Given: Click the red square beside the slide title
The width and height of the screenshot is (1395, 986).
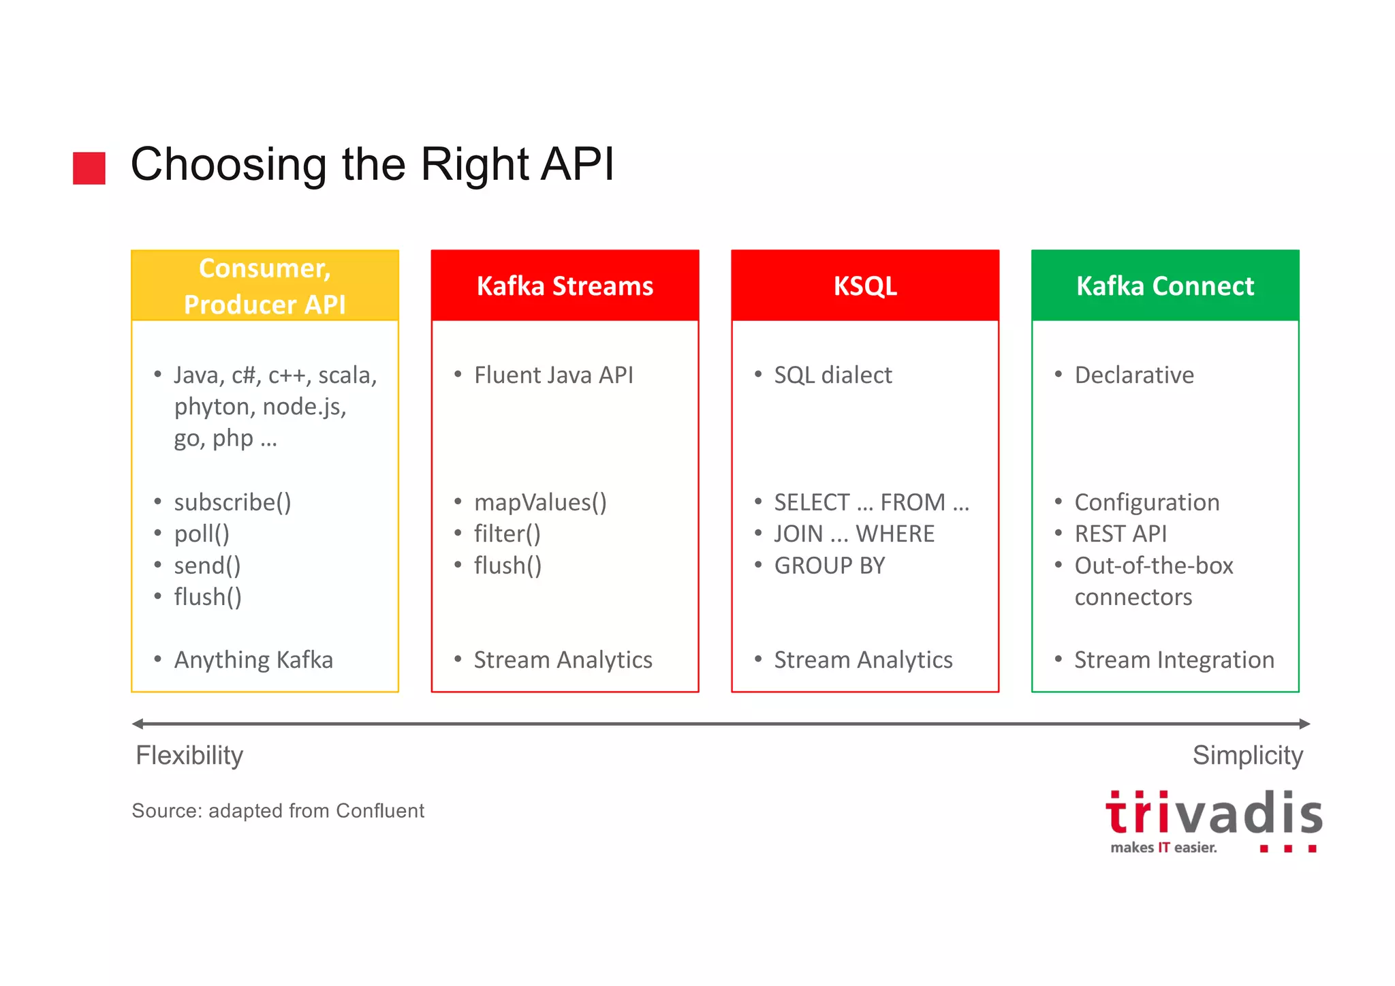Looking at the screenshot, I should (x=89, y=168).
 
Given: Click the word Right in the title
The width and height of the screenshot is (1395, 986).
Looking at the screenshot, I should (x=475, y=165).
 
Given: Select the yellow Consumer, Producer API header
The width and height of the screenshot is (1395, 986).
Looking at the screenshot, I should (x=265, y=286).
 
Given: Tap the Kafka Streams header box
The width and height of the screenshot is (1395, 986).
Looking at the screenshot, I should (x=565, y=286).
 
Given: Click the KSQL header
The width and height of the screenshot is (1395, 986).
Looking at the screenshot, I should (x=865, y=286).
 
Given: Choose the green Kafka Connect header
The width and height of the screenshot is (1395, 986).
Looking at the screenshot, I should (x=1165, y=286).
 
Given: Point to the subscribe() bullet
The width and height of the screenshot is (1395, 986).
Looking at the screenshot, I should (x=232, y=503).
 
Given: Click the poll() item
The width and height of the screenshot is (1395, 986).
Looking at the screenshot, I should (x=202, y=534).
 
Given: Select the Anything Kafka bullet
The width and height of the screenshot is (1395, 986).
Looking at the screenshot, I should (x=253, y=660).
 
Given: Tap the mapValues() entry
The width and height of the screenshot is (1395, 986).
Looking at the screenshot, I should (x=540, y=503).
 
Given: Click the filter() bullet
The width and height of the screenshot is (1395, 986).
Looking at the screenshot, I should (x=507, y=534).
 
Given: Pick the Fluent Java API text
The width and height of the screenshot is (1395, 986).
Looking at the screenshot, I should (x=553, y=375).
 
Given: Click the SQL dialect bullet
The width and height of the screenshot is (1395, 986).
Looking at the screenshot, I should (x=832, y=375).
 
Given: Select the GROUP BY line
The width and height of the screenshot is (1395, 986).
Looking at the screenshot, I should (x=829, y=566).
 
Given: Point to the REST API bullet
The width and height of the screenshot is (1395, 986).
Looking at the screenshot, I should (x=1120, y=534).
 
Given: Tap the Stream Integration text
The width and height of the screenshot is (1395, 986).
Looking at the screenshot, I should (x=1174, y=660).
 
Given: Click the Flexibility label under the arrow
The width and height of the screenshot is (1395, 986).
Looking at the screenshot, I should (x=189, y=756).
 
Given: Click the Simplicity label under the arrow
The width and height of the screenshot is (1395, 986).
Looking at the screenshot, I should (x=1247, y=756).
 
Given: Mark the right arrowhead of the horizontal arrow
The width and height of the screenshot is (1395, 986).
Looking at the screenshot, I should (x=1304, y=724).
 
